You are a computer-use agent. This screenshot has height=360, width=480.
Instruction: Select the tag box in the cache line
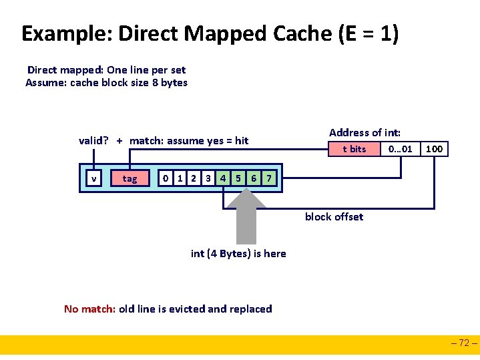click(x=130, y=178)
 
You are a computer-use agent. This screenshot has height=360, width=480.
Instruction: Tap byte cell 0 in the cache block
click(x=166, y=178)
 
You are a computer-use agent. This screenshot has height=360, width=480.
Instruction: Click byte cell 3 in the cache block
click(x=208, y=178)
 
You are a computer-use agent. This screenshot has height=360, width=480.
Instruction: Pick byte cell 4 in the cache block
click(x=223, y=178)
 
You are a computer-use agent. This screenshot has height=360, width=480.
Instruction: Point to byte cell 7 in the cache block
click(x=268, y=178)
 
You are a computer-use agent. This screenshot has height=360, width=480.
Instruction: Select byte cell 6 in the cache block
click(x=254, y=178)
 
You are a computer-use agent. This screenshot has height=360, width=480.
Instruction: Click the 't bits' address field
click(x=354, y=149)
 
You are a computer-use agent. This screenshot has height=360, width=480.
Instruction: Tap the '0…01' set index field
click(x=401, y=149)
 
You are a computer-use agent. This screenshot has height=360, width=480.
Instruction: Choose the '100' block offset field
click(x=434, y=149)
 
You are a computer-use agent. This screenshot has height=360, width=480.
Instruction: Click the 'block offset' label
click(x=334, y=216)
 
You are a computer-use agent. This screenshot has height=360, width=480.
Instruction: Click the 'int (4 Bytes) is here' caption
click(x=238, y=253)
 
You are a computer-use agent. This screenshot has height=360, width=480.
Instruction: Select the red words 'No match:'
click(x=89, y=309)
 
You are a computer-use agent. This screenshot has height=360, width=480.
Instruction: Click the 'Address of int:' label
click(x=365, y=132)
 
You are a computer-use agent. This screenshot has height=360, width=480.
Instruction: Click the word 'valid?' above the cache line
click(x=93, y=140)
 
